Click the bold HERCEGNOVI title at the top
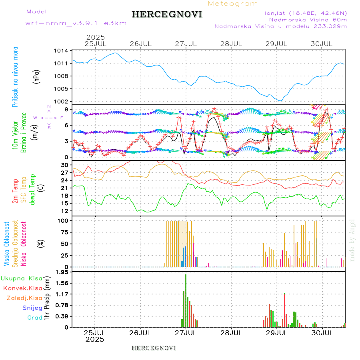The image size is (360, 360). point(167,14)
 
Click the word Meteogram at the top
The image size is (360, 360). point(233,4)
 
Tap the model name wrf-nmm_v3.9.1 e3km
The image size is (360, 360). point(76,23)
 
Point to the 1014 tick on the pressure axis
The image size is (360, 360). point(62,50)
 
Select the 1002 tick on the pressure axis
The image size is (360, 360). point(62,101)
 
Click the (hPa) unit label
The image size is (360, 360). point(37,76)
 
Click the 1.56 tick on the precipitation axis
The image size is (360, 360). point(62,283)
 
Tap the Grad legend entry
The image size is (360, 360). point(35,318)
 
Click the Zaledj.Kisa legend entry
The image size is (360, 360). point(24,298)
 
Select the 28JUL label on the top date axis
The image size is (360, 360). point(232,43)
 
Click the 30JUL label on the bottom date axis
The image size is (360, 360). point(322,332)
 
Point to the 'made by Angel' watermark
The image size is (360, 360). point(352,240)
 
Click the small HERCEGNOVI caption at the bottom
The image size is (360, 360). point(154,348)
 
